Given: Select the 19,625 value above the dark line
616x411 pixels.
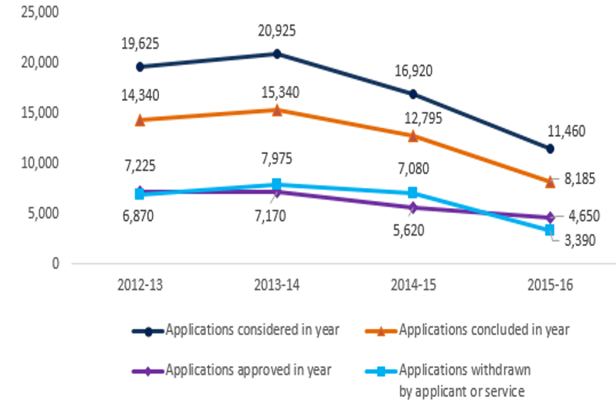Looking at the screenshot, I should (139, 44).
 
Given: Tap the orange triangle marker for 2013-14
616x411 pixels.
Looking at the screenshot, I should (277, 110).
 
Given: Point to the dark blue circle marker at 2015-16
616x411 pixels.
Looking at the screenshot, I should (550, 148).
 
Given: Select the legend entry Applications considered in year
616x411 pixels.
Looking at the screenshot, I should (252, 331).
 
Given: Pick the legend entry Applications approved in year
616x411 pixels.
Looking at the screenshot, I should (248, 370).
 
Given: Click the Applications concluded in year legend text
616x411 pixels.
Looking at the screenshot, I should (484, 331).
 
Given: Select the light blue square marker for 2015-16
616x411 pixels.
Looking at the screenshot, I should (550, 230).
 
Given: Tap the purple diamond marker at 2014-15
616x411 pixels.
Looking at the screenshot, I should (413, 207).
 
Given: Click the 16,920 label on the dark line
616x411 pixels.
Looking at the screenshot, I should (413, 71).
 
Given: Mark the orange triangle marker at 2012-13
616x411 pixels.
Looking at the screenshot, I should (139, 119).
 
